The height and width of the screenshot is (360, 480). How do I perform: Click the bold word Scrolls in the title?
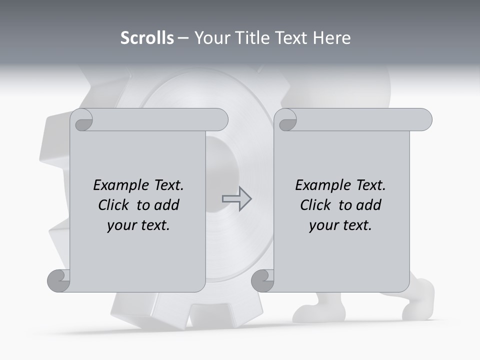click(147, 38)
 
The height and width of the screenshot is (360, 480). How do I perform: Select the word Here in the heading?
click(332, 38)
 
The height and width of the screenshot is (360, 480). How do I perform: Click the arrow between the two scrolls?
click(236, 199)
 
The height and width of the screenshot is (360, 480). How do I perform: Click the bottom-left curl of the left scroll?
click(58, 280)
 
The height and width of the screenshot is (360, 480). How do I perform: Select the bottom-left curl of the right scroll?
click(262, 280)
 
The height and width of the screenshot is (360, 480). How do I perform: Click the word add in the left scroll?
click(166, 205)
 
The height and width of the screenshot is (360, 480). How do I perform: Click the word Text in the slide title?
click(292, 38)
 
